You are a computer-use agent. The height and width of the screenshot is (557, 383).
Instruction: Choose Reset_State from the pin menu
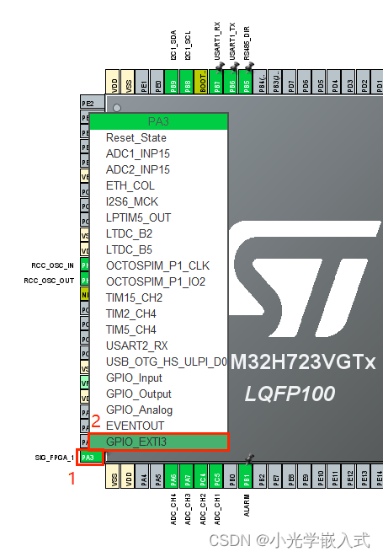[136, 137]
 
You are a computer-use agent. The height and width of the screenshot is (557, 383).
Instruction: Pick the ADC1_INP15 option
[137, 153]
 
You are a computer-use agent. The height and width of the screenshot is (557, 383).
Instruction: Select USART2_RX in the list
[136, 345]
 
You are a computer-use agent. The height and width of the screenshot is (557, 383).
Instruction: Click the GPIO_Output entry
[138, 394]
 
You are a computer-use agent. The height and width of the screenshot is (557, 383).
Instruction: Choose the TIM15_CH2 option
[134, 297]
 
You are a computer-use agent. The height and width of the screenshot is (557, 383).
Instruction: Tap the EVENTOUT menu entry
[135, 426]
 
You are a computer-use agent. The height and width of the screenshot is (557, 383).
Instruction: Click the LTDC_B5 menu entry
[129, 249]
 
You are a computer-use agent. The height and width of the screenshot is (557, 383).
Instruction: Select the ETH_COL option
[130, 185]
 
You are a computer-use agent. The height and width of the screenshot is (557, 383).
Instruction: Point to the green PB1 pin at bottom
[248, 481]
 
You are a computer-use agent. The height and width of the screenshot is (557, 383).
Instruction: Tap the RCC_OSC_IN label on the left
[48, 265]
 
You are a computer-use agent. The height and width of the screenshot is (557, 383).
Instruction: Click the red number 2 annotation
[96, 420]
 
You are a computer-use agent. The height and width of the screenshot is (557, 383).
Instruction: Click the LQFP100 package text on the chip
[290, 394]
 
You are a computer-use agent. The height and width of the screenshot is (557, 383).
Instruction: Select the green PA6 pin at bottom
[173, 481]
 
